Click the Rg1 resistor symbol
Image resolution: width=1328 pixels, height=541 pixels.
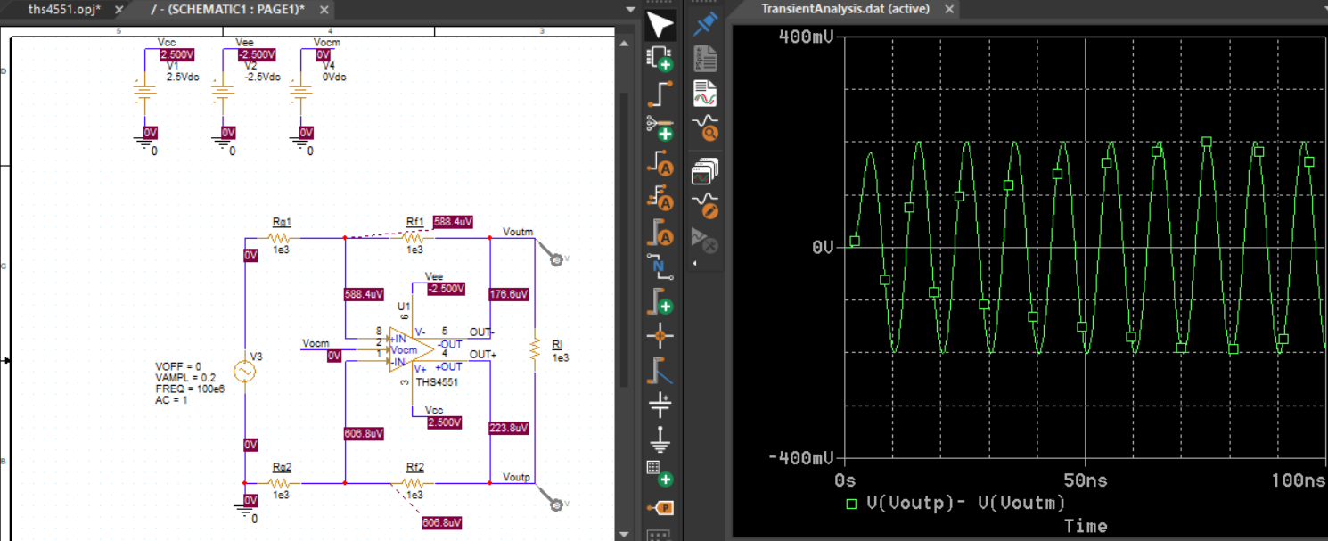(x=279, y=238)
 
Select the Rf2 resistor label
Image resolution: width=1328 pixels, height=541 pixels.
(x=415, y=467)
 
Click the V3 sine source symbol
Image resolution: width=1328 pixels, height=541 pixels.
(x=244, y=372)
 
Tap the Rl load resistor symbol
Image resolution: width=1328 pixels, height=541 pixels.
(x=535, y=349)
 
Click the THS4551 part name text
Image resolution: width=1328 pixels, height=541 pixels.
(x=437, y=382)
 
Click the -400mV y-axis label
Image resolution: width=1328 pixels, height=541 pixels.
(x=801, y=458)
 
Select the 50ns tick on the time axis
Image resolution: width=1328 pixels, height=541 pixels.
(x=1085, y=480)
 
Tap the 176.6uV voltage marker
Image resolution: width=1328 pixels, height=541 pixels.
(x=508, y=294)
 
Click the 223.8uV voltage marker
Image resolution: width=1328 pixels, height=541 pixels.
(x=508, y=428)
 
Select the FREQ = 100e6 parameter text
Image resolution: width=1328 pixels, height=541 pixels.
(x=190, y=389)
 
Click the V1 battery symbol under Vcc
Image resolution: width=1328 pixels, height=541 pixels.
(x=144, y=92)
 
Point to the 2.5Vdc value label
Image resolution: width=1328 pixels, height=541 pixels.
(x=183, y=77)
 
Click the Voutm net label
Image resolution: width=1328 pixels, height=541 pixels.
(x=518, y=232)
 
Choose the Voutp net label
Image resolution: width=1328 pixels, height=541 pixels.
(x=516, y=477)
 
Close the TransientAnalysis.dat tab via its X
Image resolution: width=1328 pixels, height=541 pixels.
(x=949, y=9)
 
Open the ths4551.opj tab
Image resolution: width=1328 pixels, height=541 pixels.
(x=64, y=10)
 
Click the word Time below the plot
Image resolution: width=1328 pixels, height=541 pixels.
(x=1085, y=526)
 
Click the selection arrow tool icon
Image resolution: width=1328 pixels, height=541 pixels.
(x=660, y=26)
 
